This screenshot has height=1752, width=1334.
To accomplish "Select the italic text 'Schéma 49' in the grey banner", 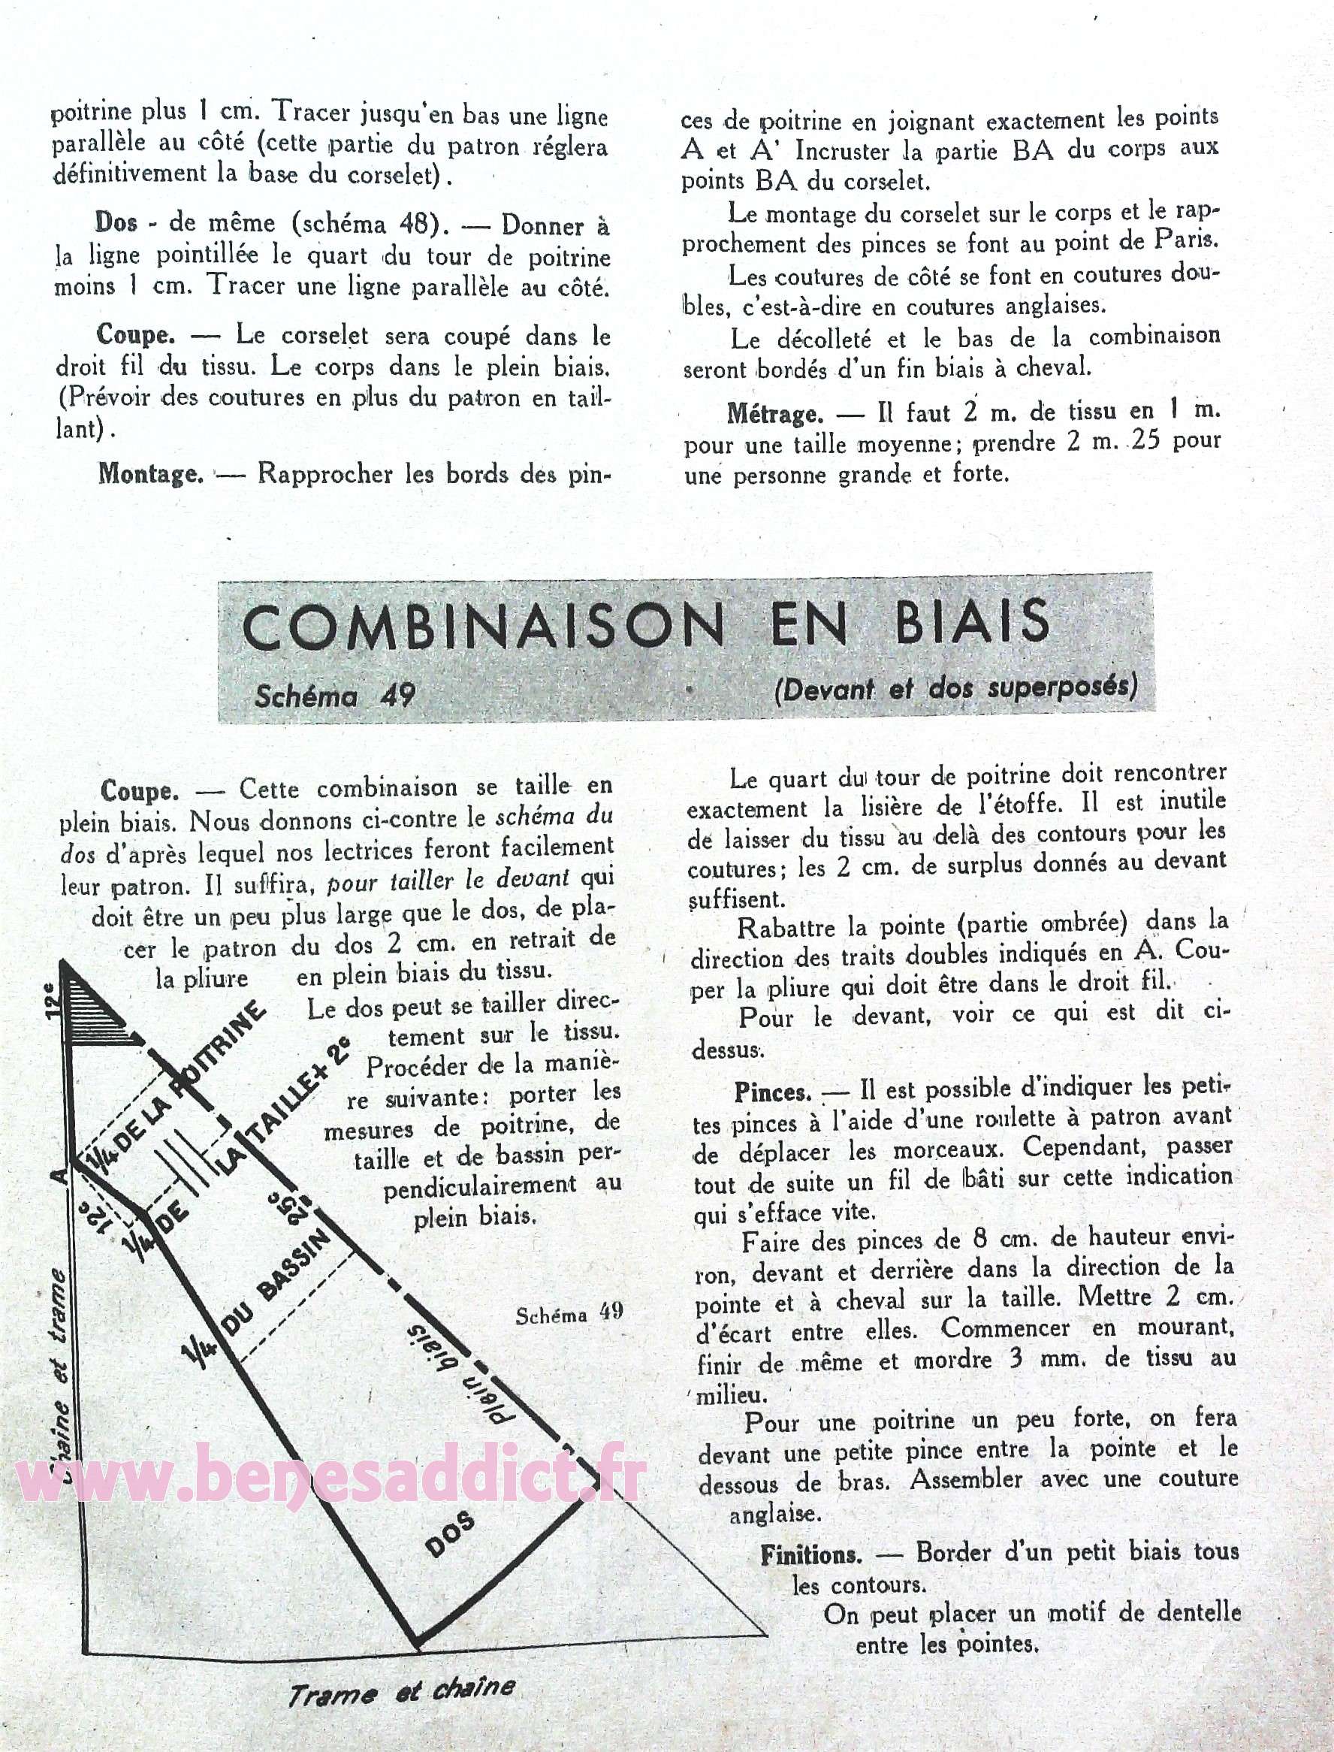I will point(334,695).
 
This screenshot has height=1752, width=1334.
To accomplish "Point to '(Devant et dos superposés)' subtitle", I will point(955,687).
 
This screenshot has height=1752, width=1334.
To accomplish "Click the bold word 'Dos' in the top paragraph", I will point(116,223).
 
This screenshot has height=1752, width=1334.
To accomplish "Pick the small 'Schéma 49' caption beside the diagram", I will point(569,1315).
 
